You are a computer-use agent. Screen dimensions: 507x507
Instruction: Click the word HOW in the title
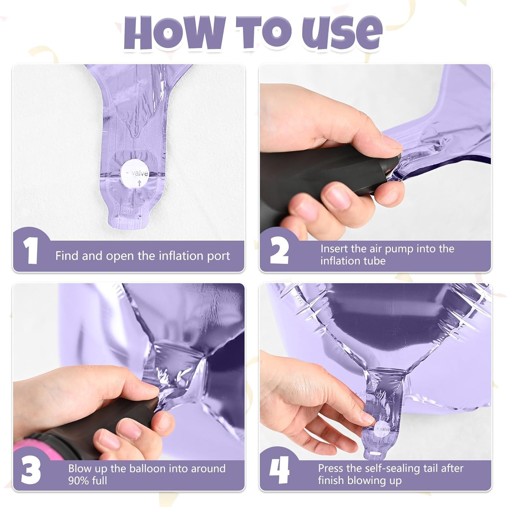point(174,32)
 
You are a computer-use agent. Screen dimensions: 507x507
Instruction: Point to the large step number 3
point(31,470)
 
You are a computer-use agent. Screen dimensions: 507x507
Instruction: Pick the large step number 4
point(279,470)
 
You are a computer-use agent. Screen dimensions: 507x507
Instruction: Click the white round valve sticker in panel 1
point(134,174)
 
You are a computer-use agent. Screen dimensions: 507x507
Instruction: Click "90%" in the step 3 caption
point(80,480)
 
